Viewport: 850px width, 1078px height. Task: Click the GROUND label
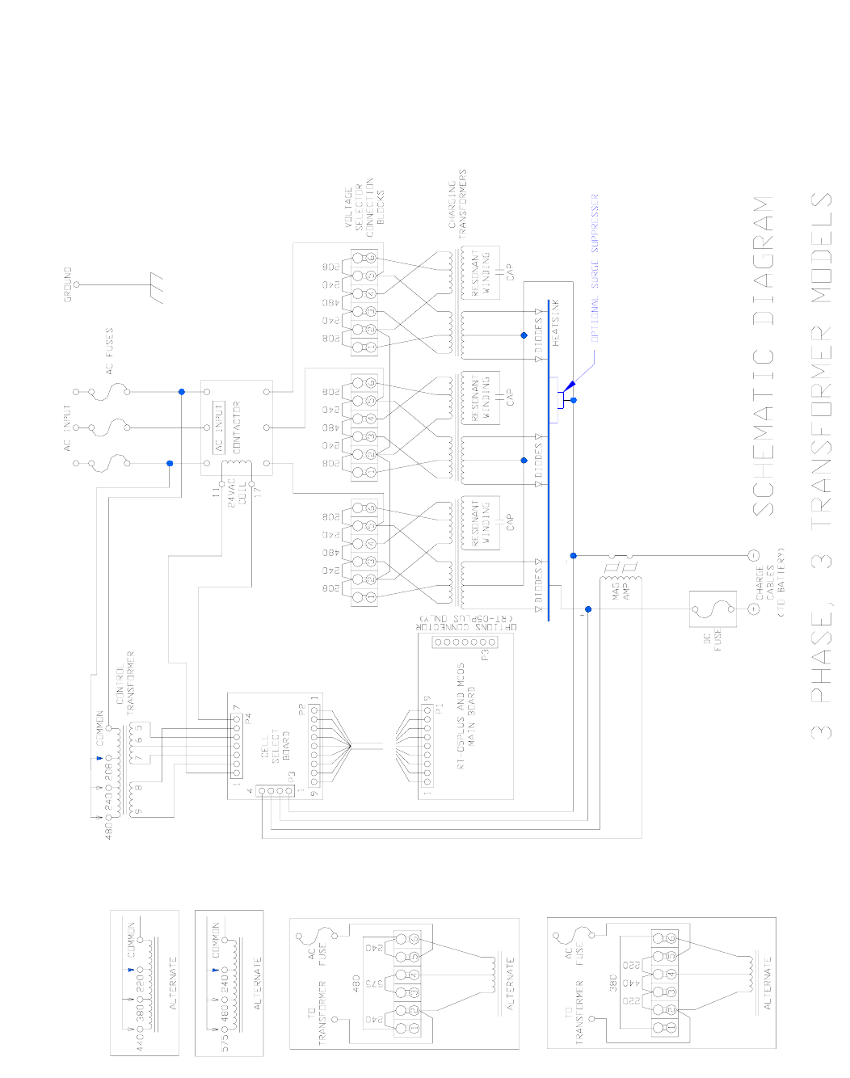(x=68, y=284)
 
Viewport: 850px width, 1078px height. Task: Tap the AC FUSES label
(x=109, y=351)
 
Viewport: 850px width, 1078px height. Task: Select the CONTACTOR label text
(x=237, y=427)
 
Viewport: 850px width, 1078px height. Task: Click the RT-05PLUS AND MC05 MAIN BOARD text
(x=466, y=727)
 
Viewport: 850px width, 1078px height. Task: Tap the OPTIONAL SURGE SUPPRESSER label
(x=595, y=267)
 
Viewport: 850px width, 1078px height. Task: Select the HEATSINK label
(x=556, y=322)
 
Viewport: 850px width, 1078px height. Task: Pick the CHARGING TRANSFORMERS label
(x=457, y=203)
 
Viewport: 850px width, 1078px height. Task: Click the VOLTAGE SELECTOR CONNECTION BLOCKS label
(x=364, y=201)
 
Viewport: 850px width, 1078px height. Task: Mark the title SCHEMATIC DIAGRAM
(x=764, y=356)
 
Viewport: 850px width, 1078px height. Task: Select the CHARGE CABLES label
(x=770, y=582)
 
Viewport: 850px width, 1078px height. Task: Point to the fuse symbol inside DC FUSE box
(x=712, y=608)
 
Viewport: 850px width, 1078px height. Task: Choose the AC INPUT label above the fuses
(x=68, y=427)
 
